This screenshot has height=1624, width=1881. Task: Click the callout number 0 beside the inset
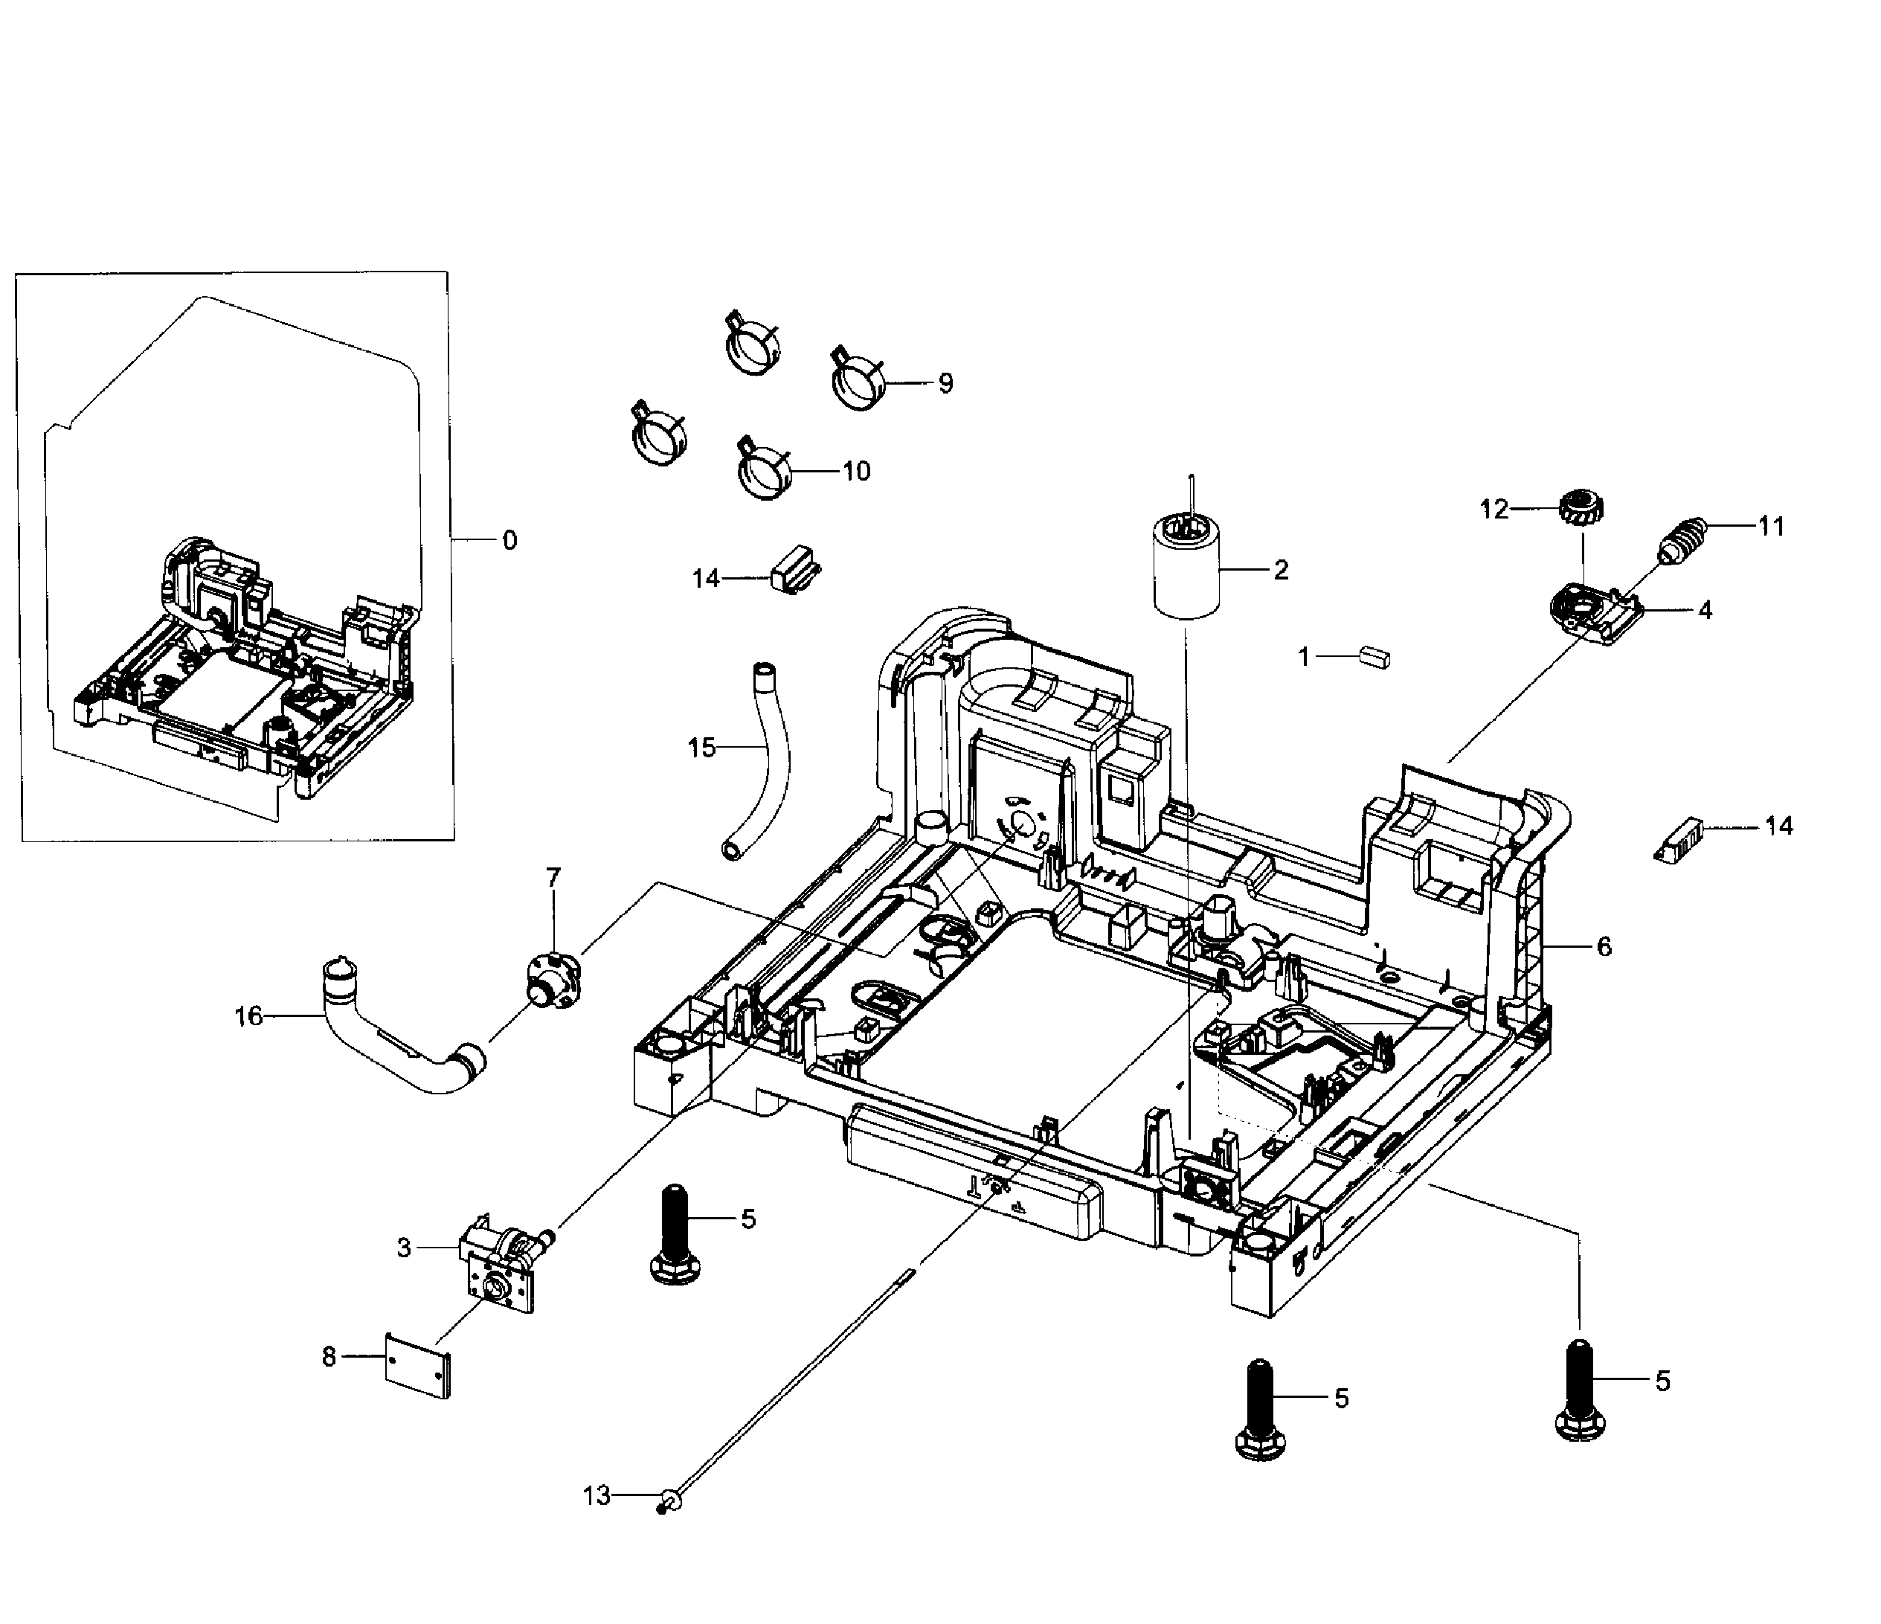tap(510, 540)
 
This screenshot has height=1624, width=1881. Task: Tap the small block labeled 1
tap(1374, 656)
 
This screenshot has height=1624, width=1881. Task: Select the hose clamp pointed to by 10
tap(765, 469)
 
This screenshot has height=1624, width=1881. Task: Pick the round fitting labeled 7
tap(552, 977)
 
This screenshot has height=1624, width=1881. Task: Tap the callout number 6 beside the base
tap(1604, 947)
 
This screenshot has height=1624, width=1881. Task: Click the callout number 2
tap(1281, 570)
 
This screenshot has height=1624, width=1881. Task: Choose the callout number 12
tap(1494, 510)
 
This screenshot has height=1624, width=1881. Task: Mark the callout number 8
tap(329, 1356)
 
